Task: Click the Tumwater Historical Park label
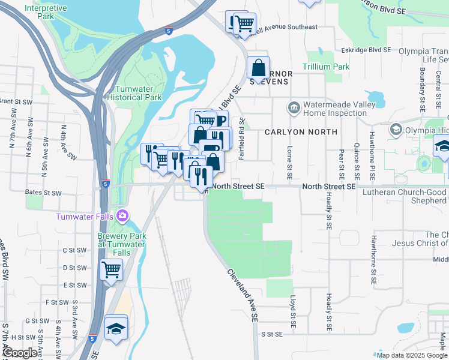pyautogui.click(x=134, y=92)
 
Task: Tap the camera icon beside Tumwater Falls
pyautogui.click(x=123, y=215)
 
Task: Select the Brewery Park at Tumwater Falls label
pyautogui.click(x=121, y=240)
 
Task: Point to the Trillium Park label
pyautogui.click(x=326, y=67)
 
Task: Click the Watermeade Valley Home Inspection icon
pyautogui.click(x=294, y=107)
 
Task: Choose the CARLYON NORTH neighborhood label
pyautogui.click(x=300, y=132)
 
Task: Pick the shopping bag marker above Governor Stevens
pyautogui.click(x=259, y=68)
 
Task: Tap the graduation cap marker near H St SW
pyautogui.click(x=115, y=328)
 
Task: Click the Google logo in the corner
pyautogui.click(x=19, y=353)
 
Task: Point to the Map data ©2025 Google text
pyautogui.click(x=411, y=355)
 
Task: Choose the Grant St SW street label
pyautogui.click(x=13, y=101)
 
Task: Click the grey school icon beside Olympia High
pyautogui.click(x=396, y=129)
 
